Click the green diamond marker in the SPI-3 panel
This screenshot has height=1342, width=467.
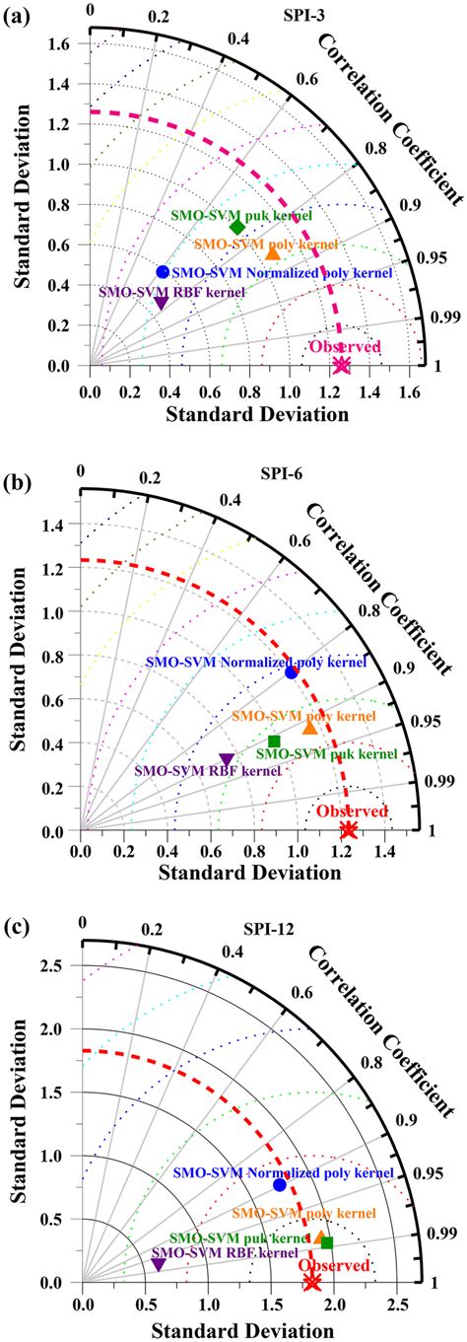pos(237,199)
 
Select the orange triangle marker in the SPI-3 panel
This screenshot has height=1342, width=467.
pos(273,252)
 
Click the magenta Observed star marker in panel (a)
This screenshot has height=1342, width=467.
pos(341,365)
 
